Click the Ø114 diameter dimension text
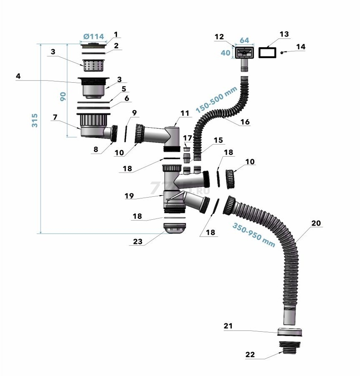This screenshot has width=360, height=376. pyautogui.click(x=94, y=37)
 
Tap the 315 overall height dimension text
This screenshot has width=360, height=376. pyautogui.click(x=35, y=120)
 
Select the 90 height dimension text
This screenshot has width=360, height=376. pyautogui.click(x=63, y=97)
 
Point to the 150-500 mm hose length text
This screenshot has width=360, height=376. pyautogui.click(x=216, y=99)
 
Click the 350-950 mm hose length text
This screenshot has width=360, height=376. pyautogui.click(x=254, y=235)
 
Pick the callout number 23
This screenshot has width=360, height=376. pyautogui.click(x=137, y=241)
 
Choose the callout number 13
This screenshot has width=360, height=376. pyautogui.click(x=284, y=34)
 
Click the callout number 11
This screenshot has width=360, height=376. pyautogui.click(x=185, y=113)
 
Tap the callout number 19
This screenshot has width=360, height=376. pyautogui.click(x=129, y=196)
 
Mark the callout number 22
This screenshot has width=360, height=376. pyautogui.click(x=250, y=354)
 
